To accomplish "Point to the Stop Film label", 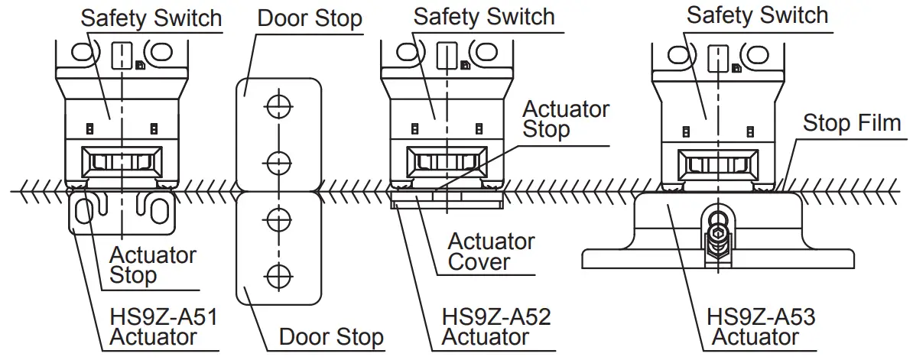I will (x=851, y=124).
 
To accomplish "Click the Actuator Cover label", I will (x=490, y=251).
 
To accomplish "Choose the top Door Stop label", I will (x=309, y=18).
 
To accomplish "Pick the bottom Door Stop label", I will (x=331, y=336).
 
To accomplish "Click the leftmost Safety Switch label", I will (x=151, y=18).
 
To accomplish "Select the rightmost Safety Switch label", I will (x=757, y=15).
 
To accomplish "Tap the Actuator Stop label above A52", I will (x=566, y=118).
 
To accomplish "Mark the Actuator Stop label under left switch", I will (x=153, y=264).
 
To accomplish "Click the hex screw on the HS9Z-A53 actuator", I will (x=718, y=238).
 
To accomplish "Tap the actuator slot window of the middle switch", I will (x=447, y=162).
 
